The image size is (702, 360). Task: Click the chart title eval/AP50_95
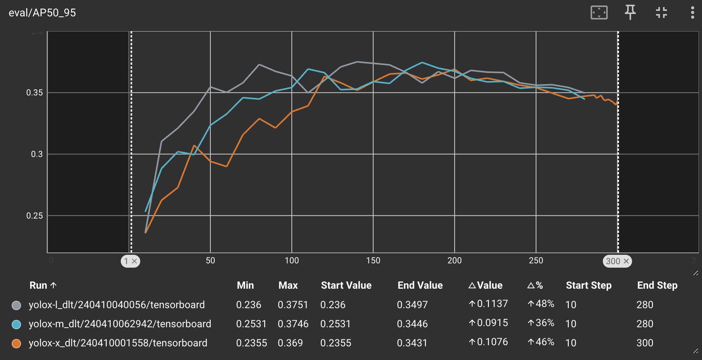pos(42,13)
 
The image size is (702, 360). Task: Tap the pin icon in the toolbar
pos(630,12)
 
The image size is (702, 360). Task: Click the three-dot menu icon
pos(692,12)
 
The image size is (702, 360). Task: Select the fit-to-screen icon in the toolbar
pos(599,12)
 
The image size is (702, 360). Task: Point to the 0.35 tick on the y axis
pos(34,93)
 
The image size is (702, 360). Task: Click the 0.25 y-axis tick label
pos(34,216)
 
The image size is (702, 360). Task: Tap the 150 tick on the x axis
pos(373,261)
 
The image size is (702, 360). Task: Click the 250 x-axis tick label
pos(536,261)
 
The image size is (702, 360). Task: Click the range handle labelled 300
pos(617,261)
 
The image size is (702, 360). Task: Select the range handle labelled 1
pos(131,261)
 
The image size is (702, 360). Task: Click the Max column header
pos(288,286)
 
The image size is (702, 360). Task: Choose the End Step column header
pos(657,286)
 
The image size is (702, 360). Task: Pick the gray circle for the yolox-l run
pos(16,305)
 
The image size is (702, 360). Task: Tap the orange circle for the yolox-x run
pos(16,343)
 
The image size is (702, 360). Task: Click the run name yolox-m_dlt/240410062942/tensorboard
pos(120,324)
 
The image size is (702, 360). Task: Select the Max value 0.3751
pos(293,305)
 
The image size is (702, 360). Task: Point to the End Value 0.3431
pos(412,343)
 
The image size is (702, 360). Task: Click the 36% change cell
pos(541,323)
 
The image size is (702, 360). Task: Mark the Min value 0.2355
pos(252,343)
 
